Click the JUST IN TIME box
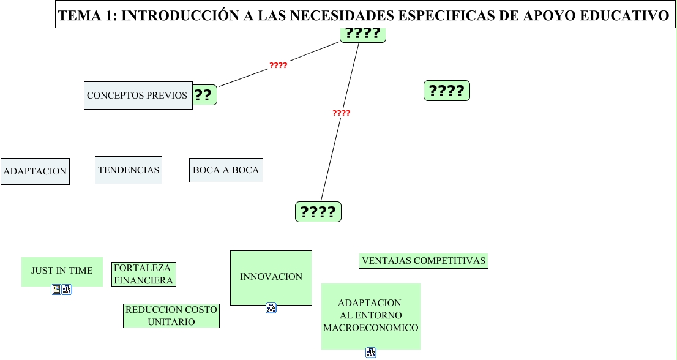click(62, 271)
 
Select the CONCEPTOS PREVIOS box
click(138, 96)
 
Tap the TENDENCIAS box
click(129, 170)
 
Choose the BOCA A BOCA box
click(226, 170)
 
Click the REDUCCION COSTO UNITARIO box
click(171, 316)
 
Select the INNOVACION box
click(271, 277)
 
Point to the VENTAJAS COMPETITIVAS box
click(424, 261)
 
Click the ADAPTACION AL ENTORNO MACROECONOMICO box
click(371, 316)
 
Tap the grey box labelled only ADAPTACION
click(35, 171)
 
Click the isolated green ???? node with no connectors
click(447, 91)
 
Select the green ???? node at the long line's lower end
click(318, 212)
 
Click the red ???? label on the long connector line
click(342, 113)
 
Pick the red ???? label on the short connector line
click(279, 65)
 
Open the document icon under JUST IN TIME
click(56, 290)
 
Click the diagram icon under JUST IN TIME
click(67, 290)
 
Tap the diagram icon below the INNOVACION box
click(271, 308)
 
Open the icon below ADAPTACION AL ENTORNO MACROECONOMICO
click(371, 352)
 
